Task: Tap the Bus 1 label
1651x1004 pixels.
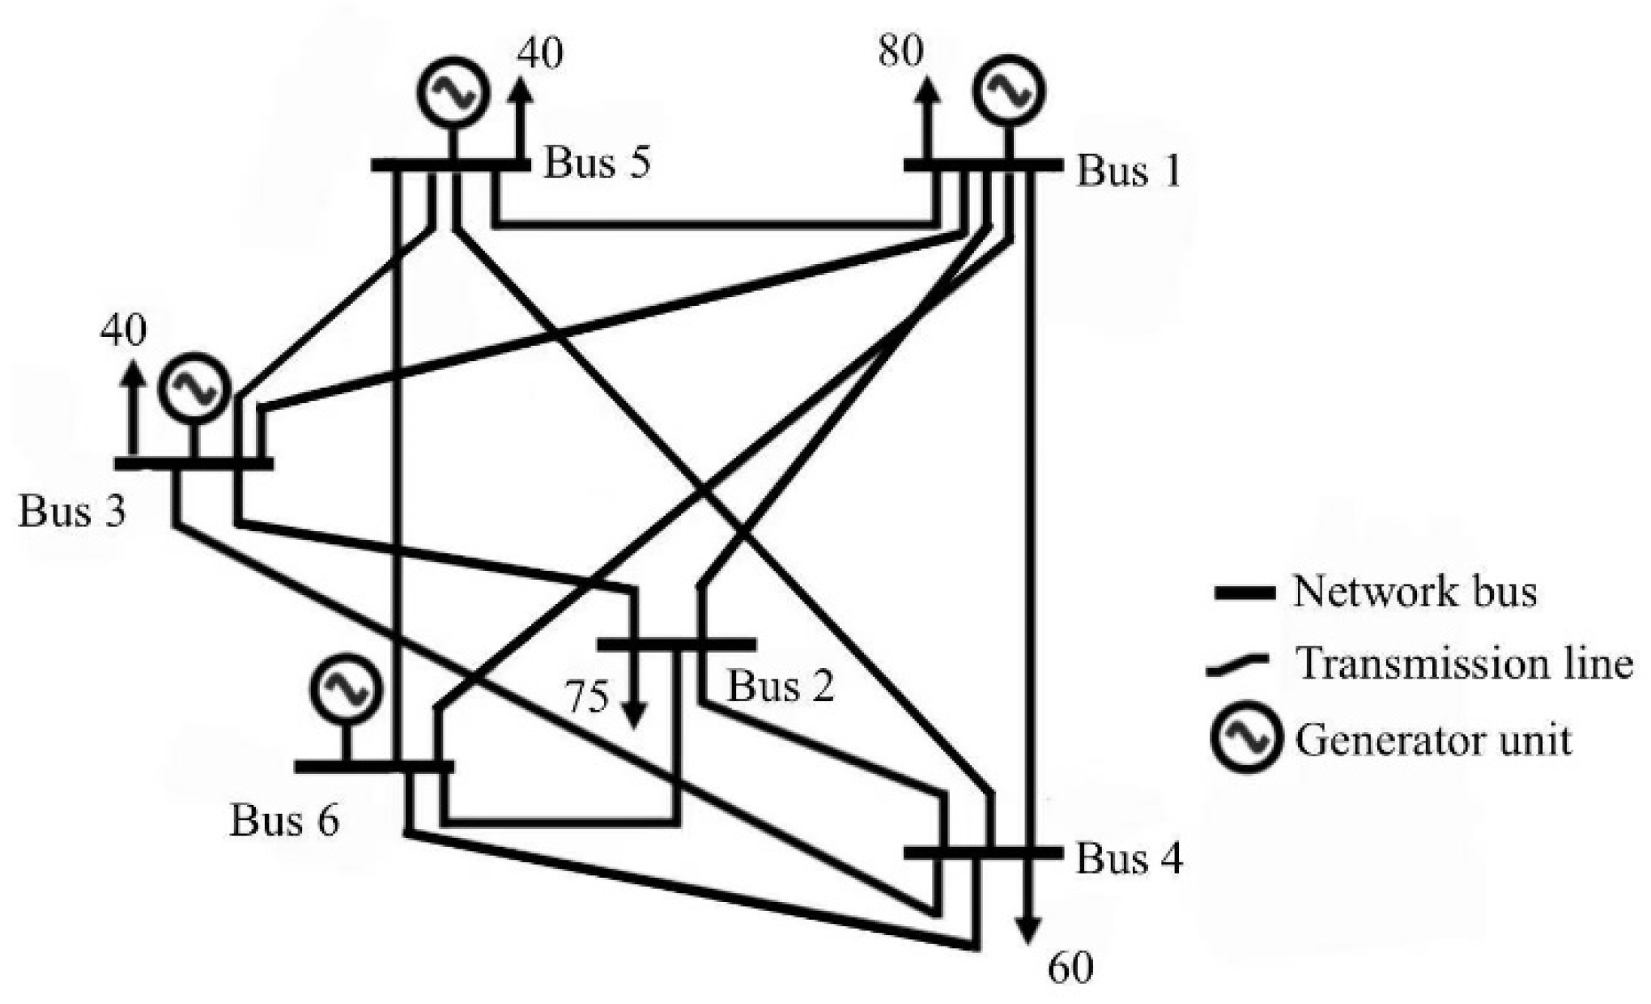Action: (x=1128, y=172)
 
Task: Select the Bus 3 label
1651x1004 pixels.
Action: (x=72, y=512)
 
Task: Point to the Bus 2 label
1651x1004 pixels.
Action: (x=780, y=687)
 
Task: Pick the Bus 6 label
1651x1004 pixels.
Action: (x=284, y=820)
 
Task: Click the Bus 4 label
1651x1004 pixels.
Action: (x=1129, y=858)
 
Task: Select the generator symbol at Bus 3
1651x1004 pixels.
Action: (x=194, y=389)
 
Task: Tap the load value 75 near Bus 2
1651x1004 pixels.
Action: (x=586, y=697)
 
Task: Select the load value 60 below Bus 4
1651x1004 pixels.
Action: (x=1070, y=968)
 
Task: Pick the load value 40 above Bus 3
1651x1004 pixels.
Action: (x=123, y=331)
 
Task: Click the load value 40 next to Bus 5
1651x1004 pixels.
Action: (x=540, y=53)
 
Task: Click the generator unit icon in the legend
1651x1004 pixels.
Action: (x=1246, y=739)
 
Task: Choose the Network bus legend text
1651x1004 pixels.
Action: (x=1414, y=591)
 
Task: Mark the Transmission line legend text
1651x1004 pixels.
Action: (x=1464, y=664)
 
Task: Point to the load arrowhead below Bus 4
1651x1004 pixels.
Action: (x=1028, y=931)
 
